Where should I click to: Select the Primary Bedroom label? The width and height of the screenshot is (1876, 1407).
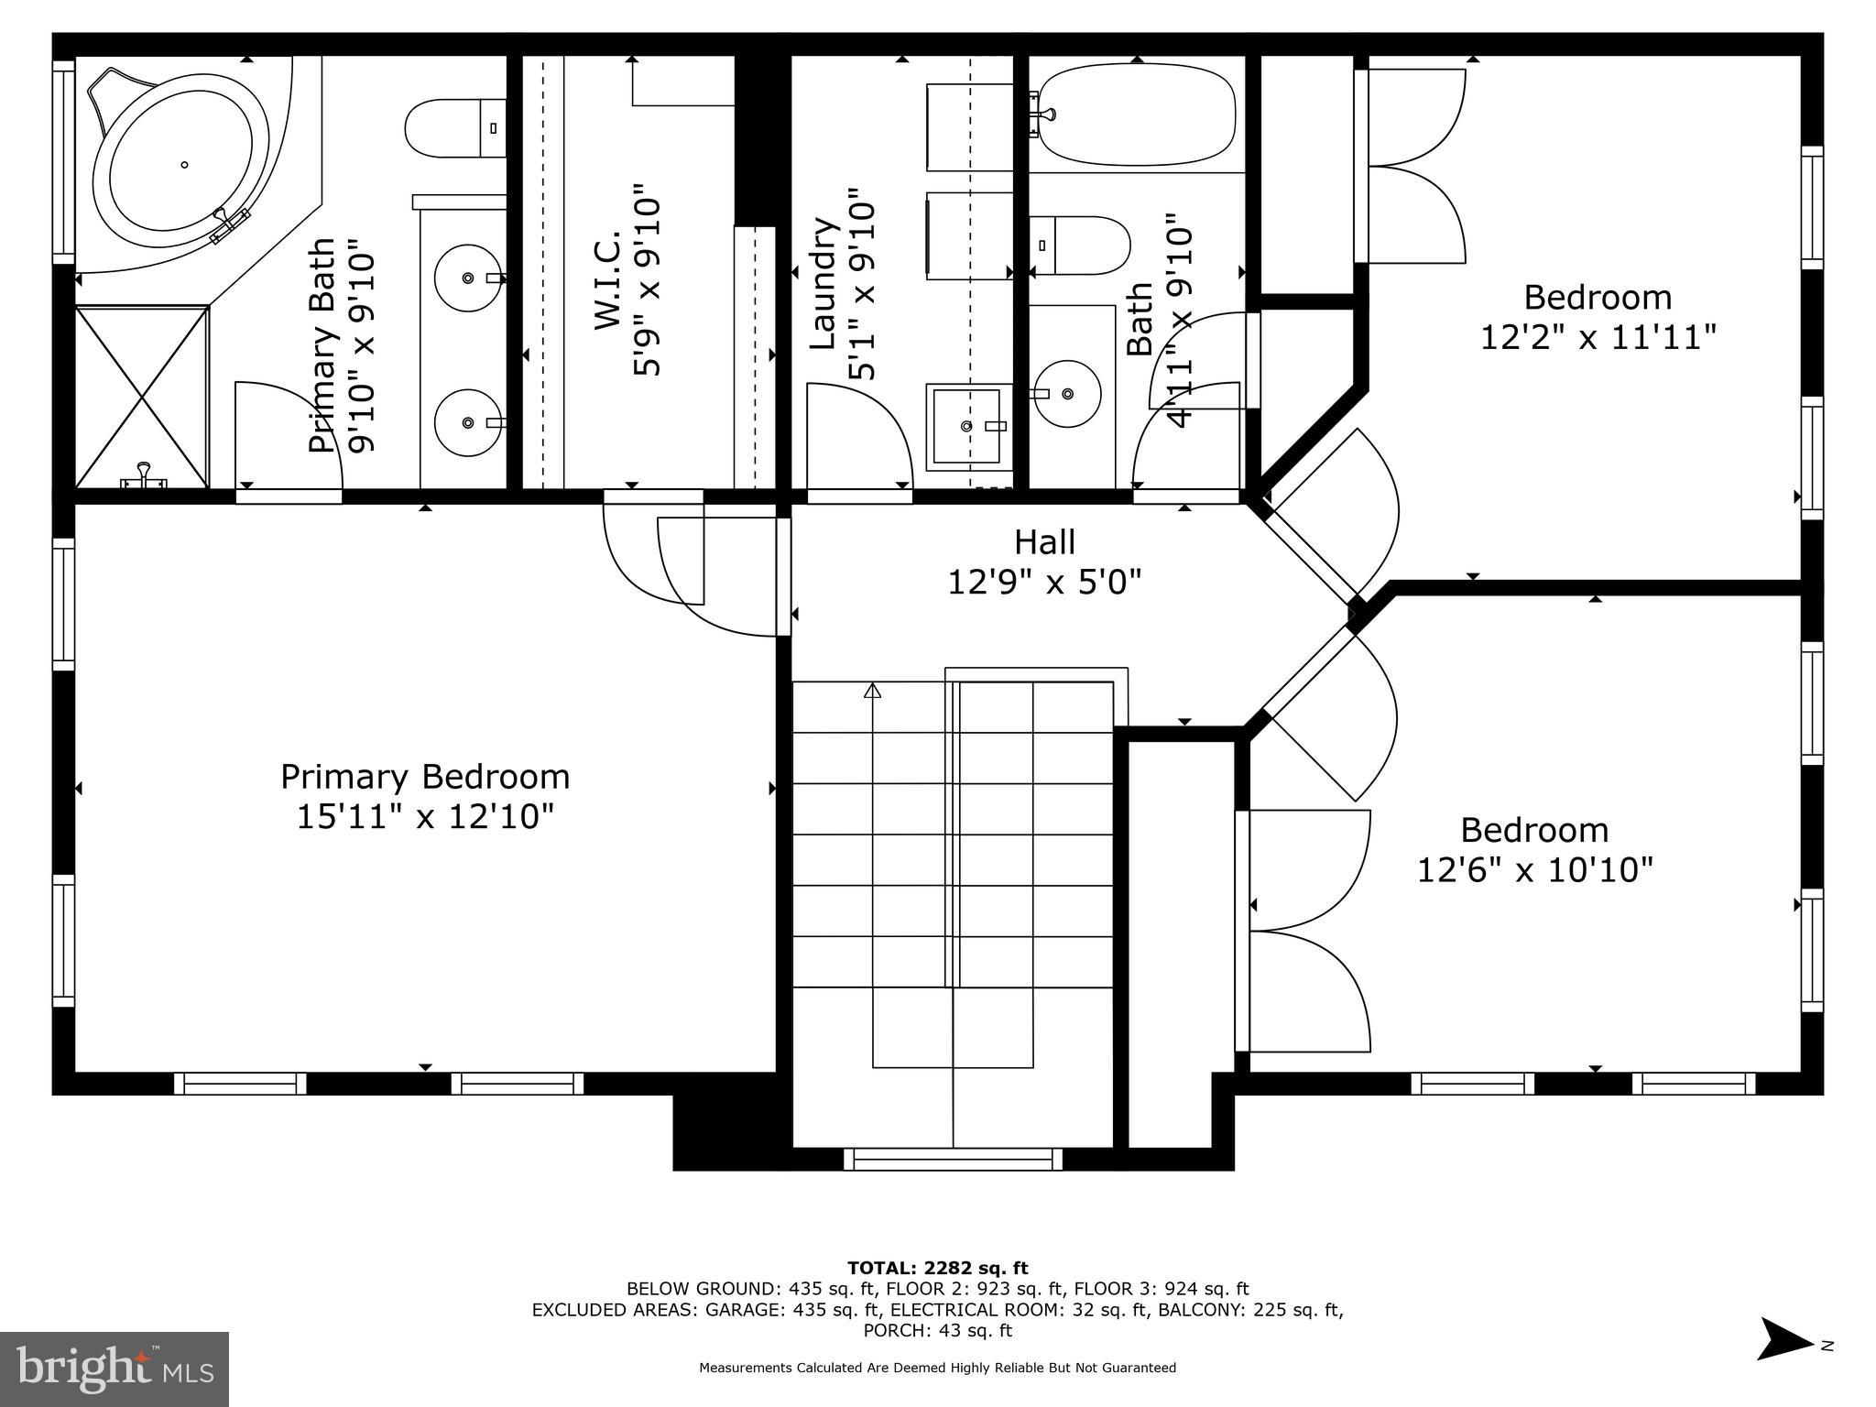[x=425, y=777]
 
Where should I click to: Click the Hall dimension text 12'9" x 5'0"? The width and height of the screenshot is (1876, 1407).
[x=1044, y=582]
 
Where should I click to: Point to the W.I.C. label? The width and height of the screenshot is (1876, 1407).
[x=608, y=280]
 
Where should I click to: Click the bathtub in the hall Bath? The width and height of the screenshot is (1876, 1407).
[x=1136, y=115]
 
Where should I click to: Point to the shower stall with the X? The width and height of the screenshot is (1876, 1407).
[x=142, y=396]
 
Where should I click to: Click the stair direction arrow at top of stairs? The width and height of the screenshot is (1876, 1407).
[x=872, y=691]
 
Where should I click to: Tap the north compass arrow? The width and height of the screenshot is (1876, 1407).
[x=1784, y=1365]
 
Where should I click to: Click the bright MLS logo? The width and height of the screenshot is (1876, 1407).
[x=115, y=1369]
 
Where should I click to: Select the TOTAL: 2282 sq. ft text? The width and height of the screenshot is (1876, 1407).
[x=937, y=1268]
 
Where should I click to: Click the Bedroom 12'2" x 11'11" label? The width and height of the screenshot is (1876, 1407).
[x=1598, y=317]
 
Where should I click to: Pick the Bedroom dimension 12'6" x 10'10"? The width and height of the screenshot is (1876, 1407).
[x=1534, y=869]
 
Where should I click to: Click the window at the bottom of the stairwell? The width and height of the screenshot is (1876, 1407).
[x=953, y=1160]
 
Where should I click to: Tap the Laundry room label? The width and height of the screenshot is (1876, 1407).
[x=825, y=284]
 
